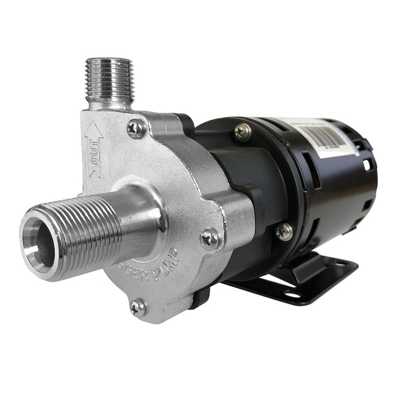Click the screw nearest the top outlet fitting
135,128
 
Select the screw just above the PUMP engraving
209,238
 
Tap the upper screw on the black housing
243,131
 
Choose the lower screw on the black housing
283,231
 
